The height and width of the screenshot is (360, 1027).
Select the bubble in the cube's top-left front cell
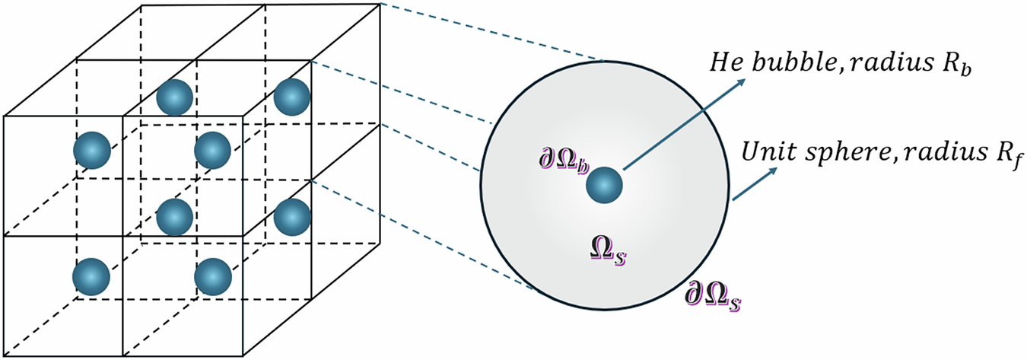[x=91, y=151]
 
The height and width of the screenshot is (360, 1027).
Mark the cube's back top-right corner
[x=378, y=4]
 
